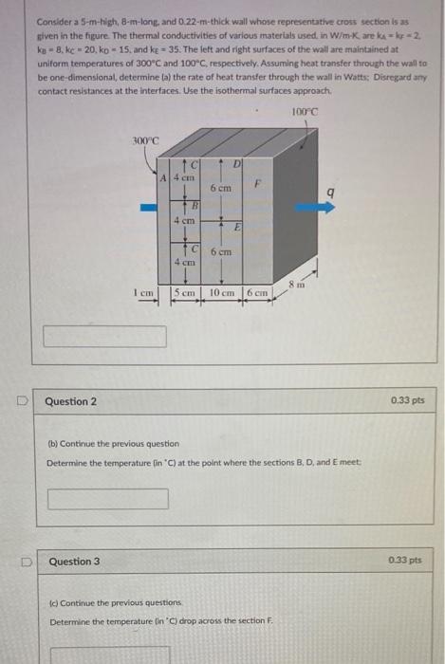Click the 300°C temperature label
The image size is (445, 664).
[144, 140]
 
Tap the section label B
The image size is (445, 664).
[195, 205]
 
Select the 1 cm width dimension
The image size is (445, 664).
[146, 293]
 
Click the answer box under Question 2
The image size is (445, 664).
[107, 498]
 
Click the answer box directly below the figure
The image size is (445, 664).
[104, 336]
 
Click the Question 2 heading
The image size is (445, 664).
[71, 401]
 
